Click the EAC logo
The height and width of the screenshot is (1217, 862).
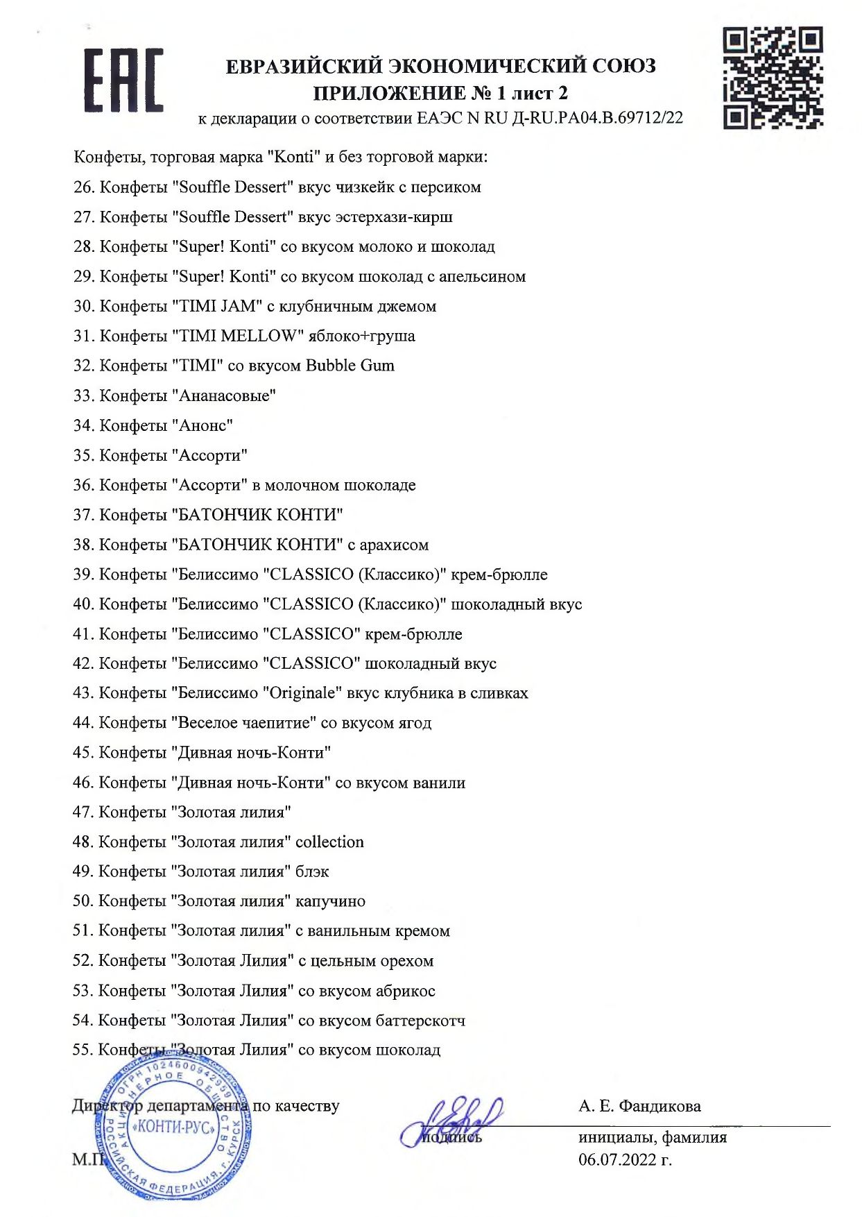pyautogui.click(x=123, y=80)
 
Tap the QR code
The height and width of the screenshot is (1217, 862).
pyautogui.click(x=773, y=77)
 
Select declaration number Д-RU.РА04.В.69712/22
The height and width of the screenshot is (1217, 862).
pyautogui.click(x=597, y=118)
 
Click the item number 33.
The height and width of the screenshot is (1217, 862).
pyautogui.click(x=83, y=395)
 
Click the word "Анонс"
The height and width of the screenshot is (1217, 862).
pyautogui.click(x=205, y=425)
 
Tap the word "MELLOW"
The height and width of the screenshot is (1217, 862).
pyautogui.click(x=261, y=336)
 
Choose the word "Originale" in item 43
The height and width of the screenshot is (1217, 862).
pyautogui.click(x=306, y=693)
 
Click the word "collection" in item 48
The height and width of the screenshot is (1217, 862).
pyautogui.click(x=329, y=842)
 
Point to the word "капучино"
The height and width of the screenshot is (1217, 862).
pyautogui.click(x=330, y=901)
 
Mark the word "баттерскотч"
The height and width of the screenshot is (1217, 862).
pyautogui.click(x=420, y=1021)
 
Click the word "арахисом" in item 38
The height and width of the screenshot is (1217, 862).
pyautogui.click(x=395, y=545)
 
